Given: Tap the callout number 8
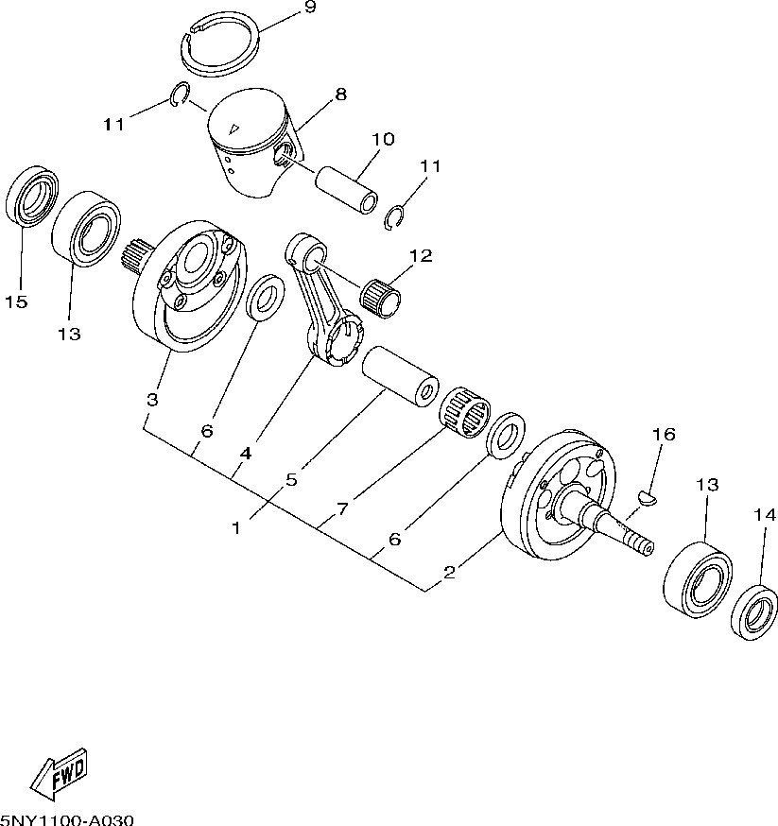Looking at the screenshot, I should coord(340,94).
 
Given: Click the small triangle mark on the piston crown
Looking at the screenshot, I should coord(237,129).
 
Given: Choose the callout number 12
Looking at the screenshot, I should coord(420,255).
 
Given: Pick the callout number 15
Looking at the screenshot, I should coord(16,302).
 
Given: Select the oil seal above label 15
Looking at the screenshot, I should coord(33,198).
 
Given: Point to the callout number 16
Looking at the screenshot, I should coord(664,434).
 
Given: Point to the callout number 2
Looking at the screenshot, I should coord(450,572).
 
